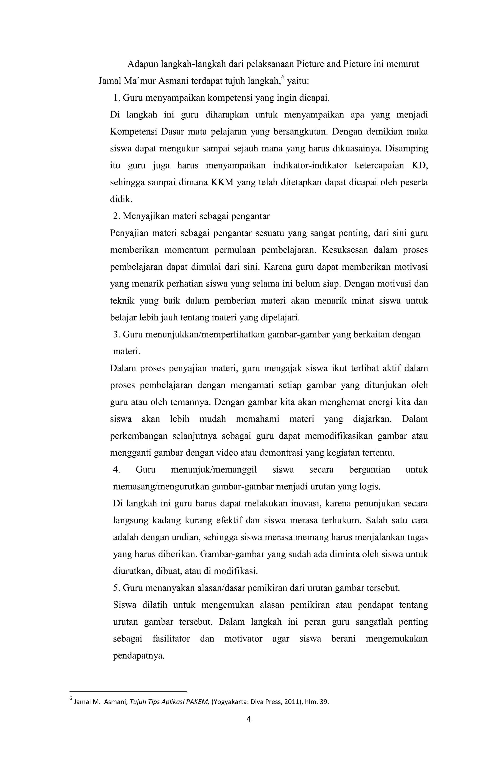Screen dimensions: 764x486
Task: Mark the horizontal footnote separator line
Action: click(128, 691)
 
